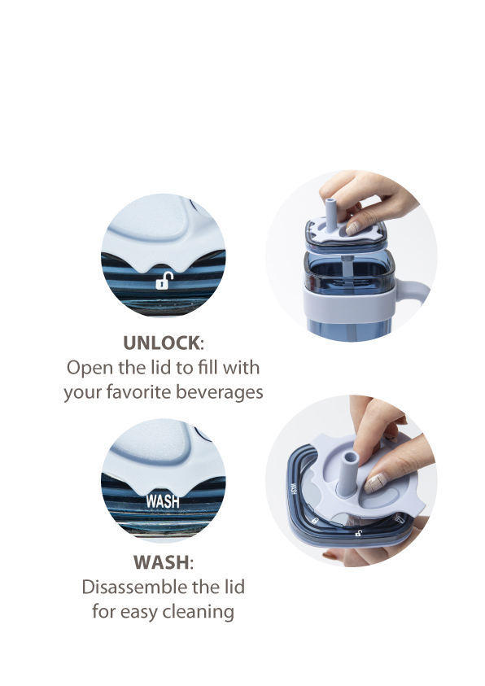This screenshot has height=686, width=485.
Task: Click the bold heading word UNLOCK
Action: tap(161, 343)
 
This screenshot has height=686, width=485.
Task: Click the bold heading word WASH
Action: tap(161, 562)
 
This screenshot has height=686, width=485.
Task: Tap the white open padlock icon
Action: tap(164, 281)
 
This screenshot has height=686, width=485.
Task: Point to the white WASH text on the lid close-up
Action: tap(163, 501)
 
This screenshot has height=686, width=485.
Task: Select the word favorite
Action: tap(139, 391)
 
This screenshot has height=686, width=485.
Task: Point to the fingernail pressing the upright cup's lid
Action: tap(352, 229)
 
